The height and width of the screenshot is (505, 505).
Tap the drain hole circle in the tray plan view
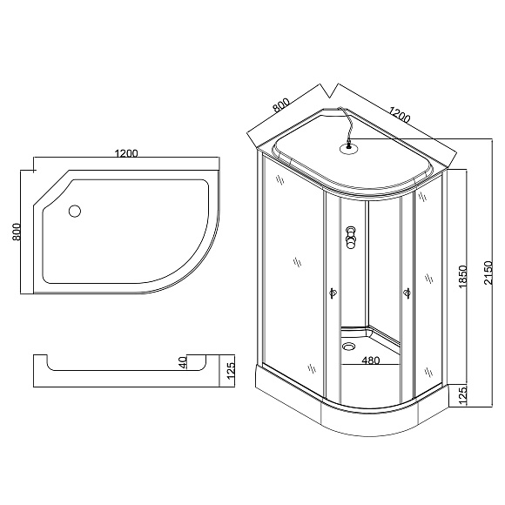(74, 210)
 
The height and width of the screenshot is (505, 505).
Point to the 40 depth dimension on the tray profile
(183, 362)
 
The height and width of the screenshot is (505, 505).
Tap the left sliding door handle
(331, 294)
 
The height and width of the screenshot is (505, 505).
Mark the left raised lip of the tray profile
(40, 362)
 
